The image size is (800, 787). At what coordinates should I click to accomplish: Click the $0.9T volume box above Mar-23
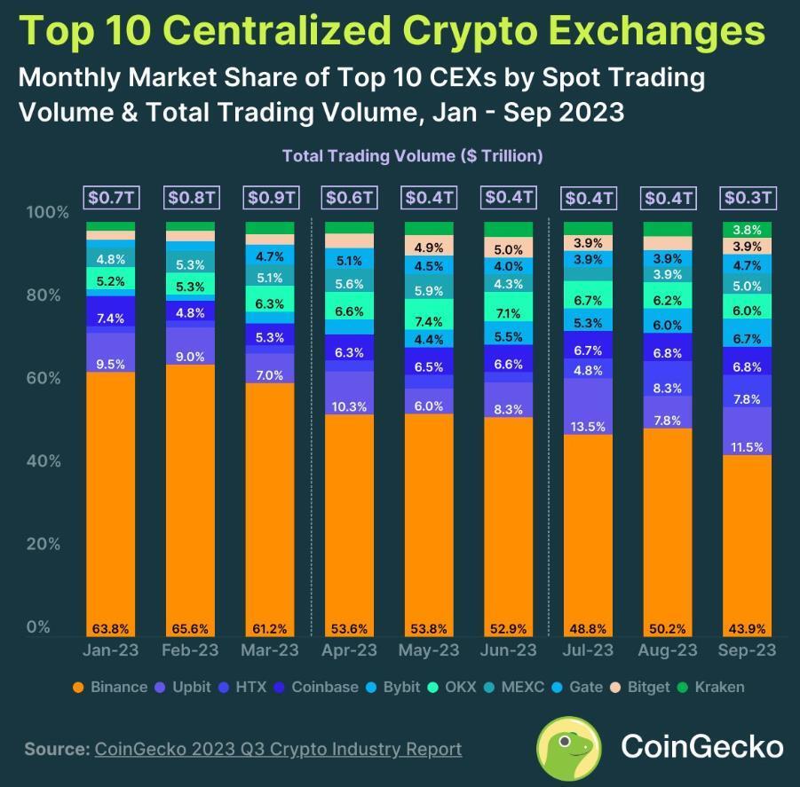pyautogui.click(x=273, y=197)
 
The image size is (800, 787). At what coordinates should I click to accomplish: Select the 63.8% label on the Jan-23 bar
pyautogui.click(x=110, y=628)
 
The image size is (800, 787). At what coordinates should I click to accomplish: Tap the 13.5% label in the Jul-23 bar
pyautogui.click(x=587, y=426)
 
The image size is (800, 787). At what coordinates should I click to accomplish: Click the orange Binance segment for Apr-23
pyautogui.click(x=349, y=523)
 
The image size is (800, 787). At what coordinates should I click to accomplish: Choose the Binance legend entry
pyautogui.click(x=109, y=687)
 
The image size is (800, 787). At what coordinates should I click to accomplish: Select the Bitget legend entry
pyautogui.click(x=639, y=687)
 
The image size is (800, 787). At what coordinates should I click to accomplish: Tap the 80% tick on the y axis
pyautogui.click(x=48, y=295)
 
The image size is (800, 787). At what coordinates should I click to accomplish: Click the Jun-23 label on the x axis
pyautogui.click(x=508, y=650)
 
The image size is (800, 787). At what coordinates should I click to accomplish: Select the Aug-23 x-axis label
pyautogui.click(x=667, y=650)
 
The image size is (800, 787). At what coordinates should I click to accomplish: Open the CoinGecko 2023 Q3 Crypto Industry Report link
pyautogui.click(x=278, y=749)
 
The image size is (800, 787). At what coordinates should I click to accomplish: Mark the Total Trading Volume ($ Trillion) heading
pyautogui.click(x=412, y=155)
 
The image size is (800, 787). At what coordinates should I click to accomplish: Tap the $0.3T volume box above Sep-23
pyautogui.click(x=748, y=197)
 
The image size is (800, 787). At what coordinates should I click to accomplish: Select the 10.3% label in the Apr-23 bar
pyautogui.click(x=349, y=406)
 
